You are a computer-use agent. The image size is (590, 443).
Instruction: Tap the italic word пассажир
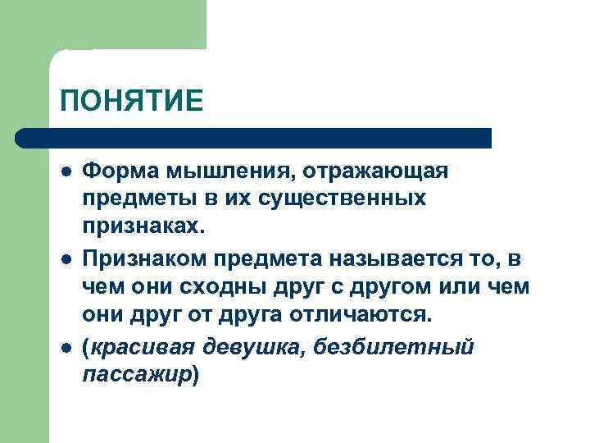click(137, 375)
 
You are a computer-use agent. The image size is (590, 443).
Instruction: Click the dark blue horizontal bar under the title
click(254, 138)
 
